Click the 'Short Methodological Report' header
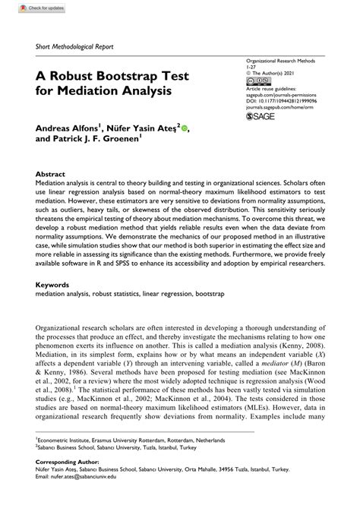point(74,46)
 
